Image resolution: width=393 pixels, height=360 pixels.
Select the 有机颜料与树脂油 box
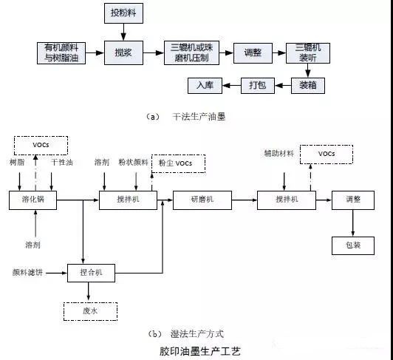point(62,52)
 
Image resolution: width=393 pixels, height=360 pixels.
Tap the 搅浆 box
point(123,52)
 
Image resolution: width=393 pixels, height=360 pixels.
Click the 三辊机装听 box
point(308,52)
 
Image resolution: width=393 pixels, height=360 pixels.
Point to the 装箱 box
point(308,86)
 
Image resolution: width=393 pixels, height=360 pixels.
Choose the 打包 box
point(258,86)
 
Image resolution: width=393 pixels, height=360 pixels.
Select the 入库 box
point(205,86)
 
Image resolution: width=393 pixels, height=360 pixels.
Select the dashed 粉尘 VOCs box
point(177,163)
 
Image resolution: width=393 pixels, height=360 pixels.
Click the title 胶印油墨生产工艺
point(199,350)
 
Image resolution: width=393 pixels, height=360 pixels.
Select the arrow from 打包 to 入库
point(231,86)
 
